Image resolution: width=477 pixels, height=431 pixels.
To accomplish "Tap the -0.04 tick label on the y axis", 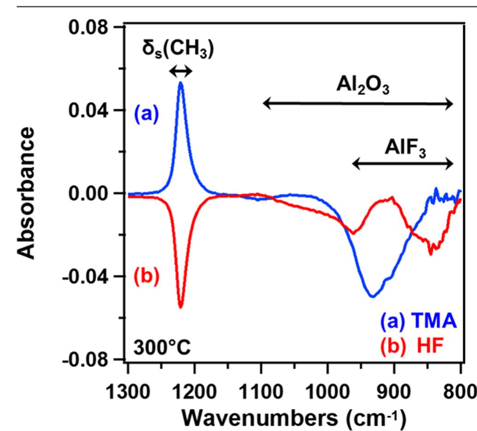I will (x=83, y=276).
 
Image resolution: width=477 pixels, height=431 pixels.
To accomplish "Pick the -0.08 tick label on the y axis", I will (x=83, y=359).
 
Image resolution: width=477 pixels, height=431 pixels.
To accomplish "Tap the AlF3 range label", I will (x=405, y=149).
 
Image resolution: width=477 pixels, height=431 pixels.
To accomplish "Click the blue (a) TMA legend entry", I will (x=419, y=322).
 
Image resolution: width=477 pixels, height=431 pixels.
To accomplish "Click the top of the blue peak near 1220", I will (x=181, y=82).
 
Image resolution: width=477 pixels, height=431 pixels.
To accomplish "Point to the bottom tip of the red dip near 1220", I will (x=180, y=307).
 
